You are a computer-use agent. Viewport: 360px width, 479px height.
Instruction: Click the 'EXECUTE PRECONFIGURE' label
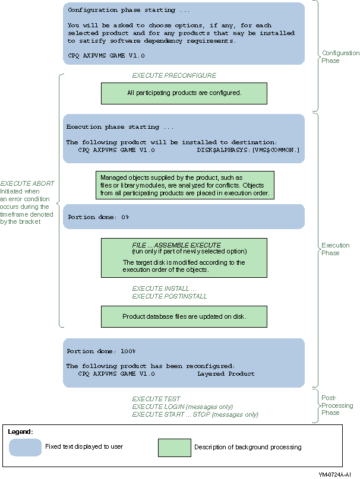(x=174, y=75)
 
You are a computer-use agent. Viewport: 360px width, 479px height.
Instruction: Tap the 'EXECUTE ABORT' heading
(x=27, y=183)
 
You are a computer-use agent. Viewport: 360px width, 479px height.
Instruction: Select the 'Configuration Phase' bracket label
(x=340, y=57)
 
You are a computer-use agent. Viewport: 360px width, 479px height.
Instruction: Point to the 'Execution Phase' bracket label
(x=335, y=249)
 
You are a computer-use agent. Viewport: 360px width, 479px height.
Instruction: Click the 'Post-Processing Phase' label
(x=337, y=405)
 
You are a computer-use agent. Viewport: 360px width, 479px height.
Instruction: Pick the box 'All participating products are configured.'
(x=184, y=93)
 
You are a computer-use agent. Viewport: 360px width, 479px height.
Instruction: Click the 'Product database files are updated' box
(x=184, y=316)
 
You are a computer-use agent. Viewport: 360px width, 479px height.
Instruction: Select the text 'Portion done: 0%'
(x=98, y=217)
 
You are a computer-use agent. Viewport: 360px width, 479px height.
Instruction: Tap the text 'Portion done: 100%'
(x=101, y=351)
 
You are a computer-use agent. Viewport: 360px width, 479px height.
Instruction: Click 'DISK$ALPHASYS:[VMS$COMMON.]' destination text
(x=248, y=150)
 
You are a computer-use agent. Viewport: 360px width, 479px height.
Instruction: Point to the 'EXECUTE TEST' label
(x=156, y=399)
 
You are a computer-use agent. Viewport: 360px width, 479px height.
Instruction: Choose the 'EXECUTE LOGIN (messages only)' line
(x=182, y=407)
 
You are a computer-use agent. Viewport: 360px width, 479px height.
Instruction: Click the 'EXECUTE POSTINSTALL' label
(x=169, y=296)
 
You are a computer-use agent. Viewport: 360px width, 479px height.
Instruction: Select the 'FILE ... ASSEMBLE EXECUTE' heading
(x=176, y=245)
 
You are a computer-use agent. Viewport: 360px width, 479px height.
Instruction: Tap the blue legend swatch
(x=25, y=448)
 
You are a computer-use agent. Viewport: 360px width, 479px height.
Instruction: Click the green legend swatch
(x=175, y=448)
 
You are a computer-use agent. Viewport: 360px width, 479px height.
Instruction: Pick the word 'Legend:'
(x=20, y=432)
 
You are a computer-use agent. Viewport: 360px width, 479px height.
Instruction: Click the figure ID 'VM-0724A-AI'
(x=334, y=474)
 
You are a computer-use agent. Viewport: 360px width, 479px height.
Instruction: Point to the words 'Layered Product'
(x=226, y=373)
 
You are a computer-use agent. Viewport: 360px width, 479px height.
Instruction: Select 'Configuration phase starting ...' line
(x=129, y=10)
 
